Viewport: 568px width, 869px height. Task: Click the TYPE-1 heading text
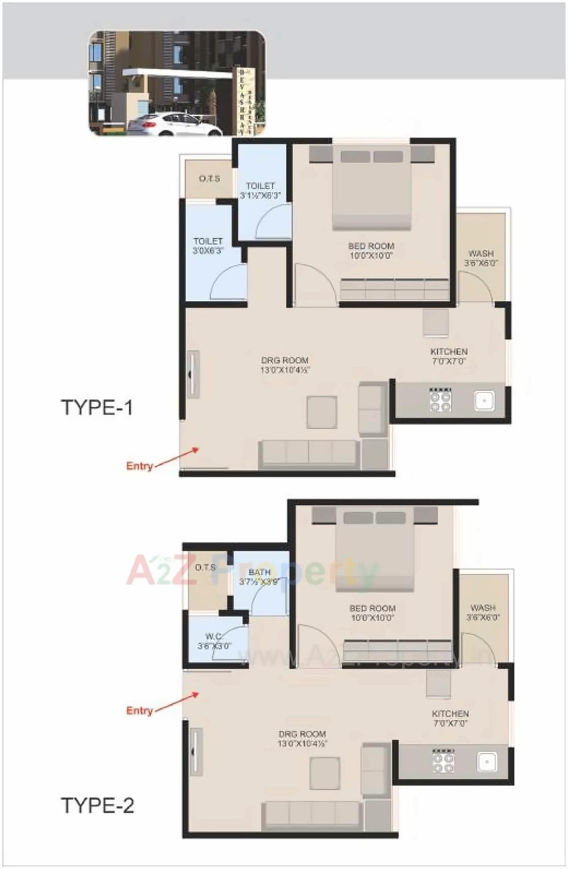coord(96,407)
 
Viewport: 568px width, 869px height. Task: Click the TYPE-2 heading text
coord(97,805)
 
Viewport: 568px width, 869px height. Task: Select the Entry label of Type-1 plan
coord(139,466)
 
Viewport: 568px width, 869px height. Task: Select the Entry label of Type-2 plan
coord(139,710)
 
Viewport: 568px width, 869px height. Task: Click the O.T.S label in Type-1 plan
coord(209,179)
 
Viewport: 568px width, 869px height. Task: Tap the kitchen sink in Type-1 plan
coord(484,401)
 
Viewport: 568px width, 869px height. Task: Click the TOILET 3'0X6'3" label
coord(208,246)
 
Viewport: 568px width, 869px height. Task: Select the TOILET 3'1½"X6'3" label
coord(260,190)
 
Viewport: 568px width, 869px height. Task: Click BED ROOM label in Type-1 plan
coord(371,251)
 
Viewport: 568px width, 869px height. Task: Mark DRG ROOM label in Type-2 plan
coord(302,739)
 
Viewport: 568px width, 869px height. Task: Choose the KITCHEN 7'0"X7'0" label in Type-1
coord(449,356)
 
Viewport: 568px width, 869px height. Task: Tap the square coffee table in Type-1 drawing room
coord(322,412)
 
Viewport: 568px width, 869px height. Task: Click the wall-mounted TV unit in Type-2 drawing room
coord(196,750)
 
